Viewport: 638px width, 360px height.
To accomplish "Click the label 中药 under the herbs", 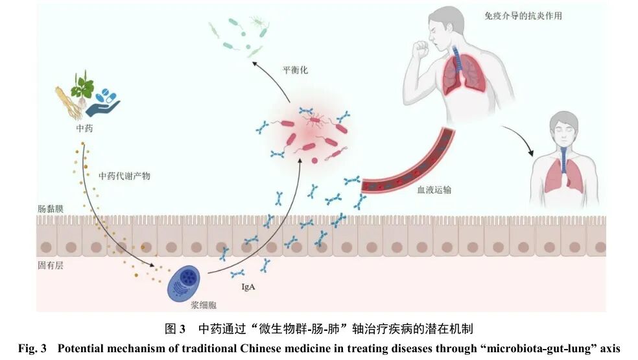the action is click(85, 128).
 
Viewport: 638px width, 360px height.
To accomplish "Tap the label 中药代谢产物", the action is click(124, 176).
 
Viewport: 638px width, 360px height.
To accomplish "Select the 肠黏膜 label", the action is click(51, 209).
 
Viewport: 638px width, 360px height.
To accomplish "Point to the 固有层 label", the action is click(51, 265).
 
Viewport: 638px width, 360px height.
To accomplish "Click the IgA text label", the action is click(248, 287).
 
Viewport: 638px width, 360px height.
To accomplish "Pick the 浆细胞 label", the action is click(204, 305).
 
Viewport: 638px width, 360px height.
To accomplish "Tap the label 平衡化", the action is click(296, 70).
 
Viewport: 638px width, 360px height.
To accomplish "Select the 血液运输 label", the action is click(434, 190).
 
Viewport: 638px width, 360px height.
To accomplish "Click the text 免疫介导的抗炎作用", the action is click(523, 16).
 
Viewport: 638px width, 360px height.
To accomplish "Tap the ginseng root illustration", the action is click(67, 103).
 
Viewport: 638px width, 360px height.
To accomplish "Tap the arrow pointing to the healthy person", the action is click(519, 138).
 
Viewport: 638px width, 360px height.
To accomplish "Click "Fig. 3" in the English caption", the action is click(32, 348).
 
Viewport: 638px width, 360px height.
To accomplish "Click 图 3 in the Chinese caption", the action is click(175, 329).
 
